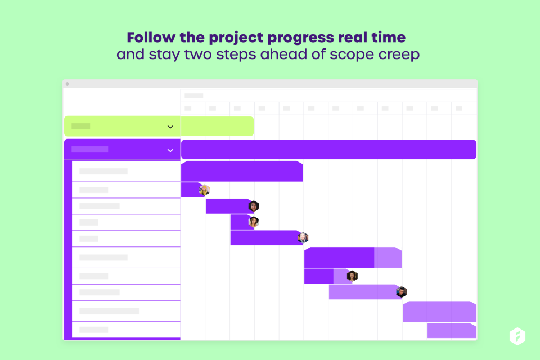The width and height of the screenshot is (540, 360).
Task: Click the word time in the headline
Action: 389,37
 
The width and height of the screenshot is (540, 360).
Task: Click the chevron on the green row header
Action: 170,127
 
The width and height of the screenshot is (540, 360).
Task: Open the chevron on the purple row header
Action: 170,150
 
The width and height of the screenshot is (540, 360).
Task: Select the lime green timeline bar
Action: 217,126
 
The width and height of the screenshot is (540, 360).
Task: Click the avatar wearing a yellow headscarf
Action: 204,190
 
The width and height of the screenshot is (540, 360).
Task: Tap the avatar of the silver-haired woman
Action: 303,237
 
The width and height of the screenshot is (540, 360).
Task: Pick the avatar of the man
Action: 401,292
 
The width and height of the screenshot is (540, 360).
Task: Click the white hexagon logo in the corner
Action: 517,336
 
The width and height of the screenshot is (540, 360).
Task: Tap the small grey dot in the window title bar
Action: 67,84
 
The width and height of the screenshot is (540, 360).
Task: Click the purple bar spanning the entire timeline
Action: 328,150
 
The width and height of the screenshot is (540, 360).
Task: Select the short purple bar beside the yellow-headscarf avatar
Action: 191,190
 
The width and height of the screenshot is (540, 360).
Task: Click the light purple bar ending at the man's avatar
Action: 363,292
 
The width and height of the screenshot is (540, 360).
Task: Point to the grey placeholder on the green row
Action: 80,126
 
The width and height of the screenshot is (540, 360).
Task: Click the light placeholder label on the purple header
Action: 89,149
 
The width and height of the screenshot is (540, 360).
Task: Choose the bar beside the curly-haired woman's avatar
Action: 327,276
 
